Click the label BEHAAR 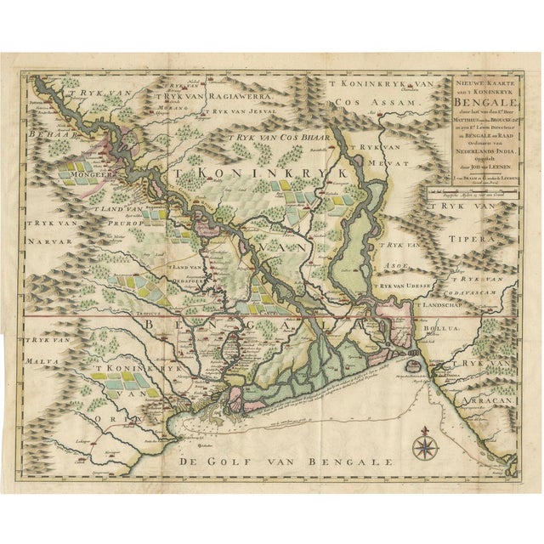coord(41,134)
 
